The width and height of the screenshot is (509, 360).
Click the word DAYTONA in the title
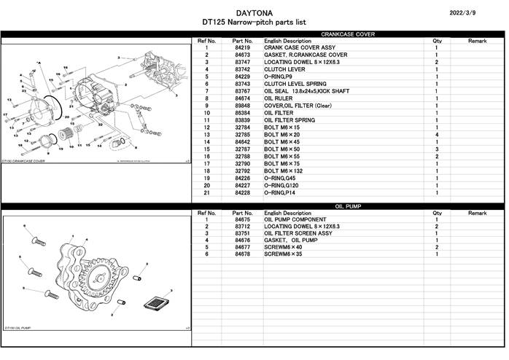pos(254,12)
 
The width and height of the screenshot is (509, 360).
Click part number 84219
pos(243,48)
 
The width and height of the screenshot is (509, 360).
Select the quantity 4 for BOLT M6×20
pos(436,135)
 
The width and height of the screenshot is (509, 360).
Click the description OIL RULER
pos(279,98)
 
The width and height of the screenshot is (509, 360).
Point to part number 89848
pos(243,106)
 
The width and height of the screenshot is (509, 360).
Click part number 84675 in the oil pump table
pos(243,220)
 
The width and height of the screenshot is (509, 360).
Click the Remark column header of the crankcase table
pos(477,41)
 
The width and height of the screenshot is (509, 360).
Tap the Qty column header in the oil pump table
pos(437,213)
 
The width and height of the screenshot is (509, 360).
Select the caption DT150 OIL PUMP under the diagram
pos(18,329)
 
